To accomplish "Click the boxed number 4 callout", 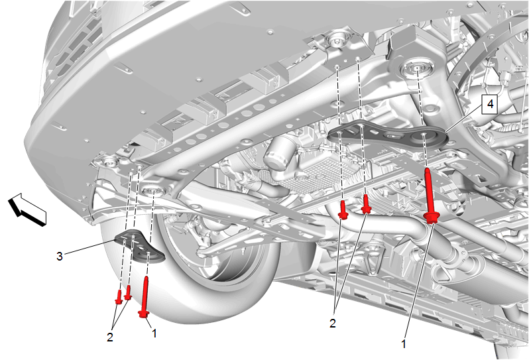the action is point(490,104).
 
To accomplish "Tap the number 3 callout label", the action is point(60,257).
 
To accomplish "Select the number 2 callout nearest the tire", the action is point(110,337).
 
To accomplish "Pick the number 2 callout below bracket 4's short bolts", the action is point(333,324).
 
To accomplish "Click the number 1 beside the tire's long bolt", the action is point(154,333).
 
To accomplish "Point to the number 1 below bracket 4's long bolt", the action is point(404,344).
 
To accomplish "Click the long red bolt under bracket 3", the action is point(145,297).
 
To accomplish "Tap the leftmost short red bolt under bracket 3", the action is point(119,297).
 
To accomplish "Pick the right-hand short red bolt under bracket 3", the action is point(128,292).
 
